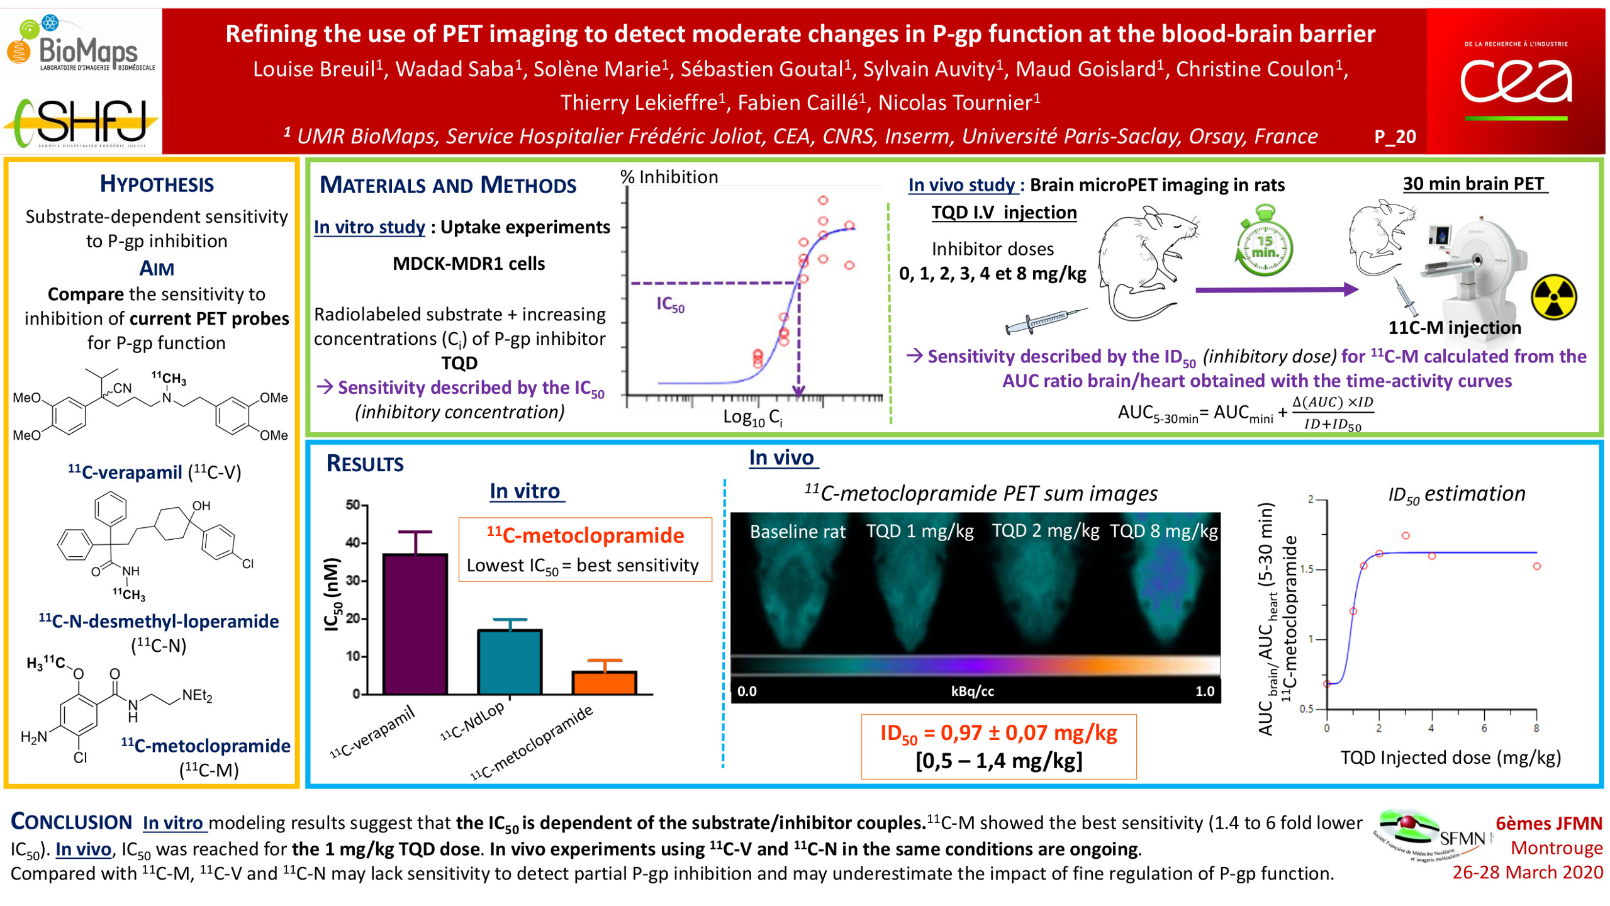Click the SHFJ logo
(x=82, y=123)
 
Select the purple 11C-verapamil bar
(x=415, y=623)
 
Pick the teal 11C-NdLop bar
(x=510, y=661)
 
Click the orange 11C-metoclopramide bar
(x=604, y=682)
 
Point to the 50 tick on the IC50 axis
(x=353, y=505)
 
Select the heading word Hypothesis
(x=157, y=184)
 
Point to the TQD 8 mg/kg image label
(x=1163, y=531)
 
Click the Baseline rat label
(x=797, y=532)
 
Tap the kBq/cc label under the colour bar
(x=972, y=691)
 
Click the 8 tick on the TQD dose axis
(x=1536, y=729)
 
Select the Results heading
(x=365, y=464)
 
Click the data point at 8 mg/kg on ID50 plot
(x=1536, y=566)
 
